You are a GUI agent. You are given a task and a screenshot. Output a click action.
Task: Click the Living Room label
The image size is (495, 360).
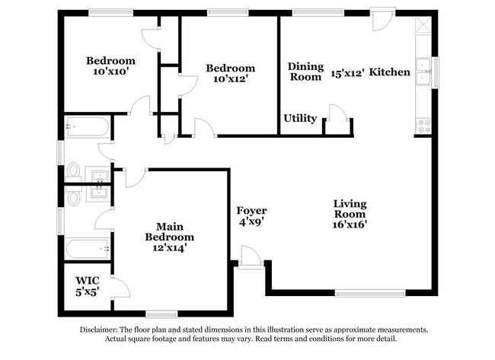(x=350, y=214)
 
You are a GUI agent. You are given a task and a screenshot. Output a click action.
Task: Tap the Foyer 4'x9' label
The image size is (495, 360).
(x=251, y=216)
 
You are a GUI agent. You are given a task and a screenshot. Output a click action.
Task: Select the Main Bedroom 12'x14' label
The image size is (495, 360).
(x=170, y=237)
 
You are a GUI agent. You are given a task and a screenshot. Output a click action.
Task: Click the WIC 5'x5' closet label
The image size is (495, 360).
(x=88, y=285)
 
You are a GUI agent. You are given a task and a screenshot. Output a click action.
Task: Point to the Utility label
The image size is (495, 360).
(x=300, y=119)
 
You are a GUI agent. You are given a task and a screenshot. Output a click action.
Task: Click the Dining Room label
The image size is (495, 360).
(x=305, y=72)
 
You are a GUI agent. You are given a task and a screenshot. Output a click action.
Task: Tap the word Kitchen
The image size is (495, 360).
(x=391, y=72)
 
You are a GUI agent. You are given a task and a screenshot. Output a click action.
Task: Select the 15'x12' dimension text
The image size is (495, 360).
(x=347, y=73)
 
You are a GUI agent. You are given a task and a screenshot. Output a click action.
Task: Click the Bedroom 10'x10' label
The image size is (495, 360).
(x=110, y=66)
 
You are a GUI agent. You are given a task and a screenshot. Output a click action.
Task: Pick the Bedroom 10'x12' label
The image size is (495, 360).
(x=231, y=73)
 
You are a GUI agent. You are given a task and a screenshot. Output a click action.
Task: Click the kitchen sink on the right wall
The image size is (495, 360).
(x=423, y=73)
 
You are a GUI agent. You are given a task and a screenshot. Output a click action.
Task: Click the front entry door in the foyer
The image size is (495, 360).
(x=251, y=257)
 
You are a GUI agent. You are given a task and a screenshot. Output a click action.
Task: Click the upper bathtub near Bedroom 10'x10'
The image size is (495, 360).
(x=88, y=127)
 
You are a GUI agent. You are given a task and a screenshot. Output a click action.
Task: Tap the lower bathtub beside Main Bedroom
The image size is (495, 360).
(x=88, y=249)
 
